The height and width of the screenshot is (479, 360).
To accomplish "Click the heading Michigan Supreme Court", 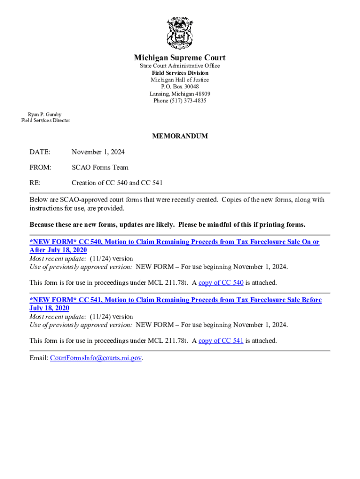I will tap(180, 58).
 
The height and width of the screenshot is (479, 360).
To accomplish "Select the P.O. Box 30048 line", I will tap(180, 87).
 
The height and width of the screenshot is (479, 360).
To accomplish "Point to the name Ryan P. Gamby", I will tap(44, 114).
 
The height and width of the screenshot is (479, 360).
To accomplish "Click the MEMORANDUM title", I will tap(180, 137).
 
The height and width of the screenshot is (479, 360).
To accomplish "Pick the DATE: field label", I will tap(40, 152).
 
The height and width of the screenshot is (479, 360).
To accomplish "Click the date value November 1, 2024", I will tap(98, 152).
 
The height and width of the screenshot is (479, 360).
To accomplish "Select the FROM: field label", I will tap(40, 167).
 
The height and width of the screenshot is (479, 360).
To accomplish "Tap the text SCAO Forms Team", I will tap(100, 167).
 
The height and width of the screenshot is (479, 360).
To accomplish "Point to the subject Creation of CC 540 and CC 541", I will tap(117, 182).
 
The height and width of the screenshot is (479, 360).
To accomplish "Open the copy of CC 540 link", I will tap(221, 283).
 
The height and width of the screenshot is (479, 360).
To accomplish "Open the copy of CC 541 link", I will tap(221, 341).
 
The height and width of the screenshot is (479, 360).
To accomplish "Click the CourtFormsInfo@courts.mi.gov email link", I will tap(96, 358).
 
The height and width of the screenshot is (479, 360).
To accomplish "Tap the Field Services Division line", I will tap(180, 73).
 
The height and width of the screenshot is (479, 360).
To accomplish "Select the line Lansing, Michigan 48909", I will tap(180, 94).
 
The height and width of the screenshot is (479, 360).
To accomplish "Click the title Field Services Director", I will tap(46, 121).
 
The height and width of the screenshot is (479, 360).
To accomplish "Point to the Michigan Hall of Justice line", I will tap(180, 80).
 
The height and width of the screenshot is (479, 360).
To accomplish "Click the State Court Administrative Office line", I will tap(180, 66).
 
